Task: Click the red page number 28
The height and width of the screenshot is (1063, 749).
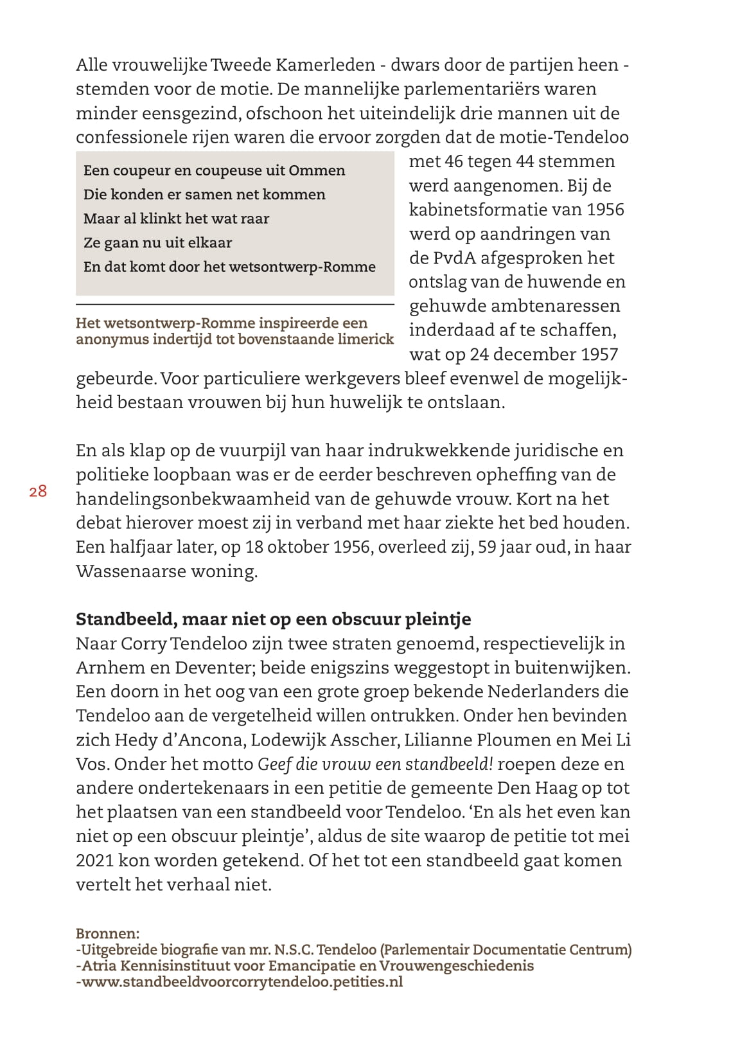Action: pyautogui.click(x=38, y=492)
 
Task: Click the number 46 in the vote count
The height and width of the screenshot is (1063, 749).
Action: pyautogui.click(x=454, y=161)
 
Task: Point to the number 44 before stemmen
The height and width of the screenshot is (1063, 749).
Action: pyautogui.click(x=525, y=161)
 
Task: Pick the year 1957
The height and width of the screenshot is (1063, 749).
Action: pyautogui.click(x=598, y=354)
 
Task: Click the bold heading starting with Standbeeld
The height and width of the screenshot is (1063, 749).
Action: pyautogui.click(x=273, y=619)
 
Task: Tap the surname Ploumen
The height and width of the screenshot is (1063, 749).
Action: pyautogui.click(x=507, y=740)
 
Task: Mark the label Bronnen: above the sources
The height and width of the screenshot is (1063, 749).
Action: pyautogui.click(x=107, y=934)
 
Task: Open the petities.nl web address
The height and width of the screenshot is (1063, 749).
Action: pyautogui.click(x=239, y=982)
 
